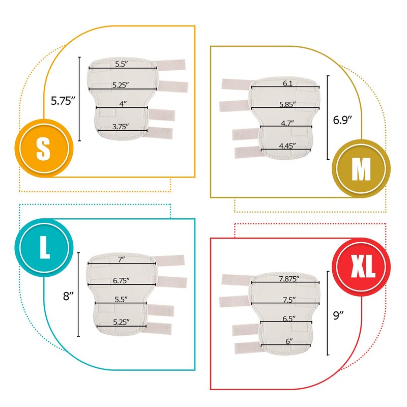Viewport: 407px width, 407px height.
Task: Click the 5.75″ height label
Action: point(63,100)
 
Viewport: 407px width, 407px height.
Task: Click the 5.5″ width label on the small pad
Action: point(121,64)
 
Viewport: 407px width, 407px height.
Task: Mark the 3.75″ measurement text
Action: point(121,126)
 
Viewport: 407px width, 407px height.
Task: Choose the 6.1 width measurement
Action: point(287,83)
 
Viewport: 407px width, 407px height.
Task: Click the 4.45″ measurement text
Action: point(288,146)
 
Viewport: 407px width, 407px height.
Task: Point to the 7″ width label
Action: point(121,259)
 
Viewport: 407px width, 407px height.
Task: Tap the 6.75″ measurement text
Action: point(121,280)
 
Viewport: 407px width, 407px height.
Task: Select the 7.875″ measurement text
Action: point(288,278)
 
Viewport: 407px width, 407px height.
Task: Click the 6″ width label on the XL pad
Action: point(288,341)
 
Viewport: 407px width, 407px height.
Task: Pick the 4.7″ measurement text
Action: point(287,123)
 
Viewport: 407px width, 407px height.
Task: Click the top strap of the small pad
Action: point(170,65)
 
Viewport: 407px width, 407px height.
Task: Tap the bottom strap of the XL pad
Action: point(247,348)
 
